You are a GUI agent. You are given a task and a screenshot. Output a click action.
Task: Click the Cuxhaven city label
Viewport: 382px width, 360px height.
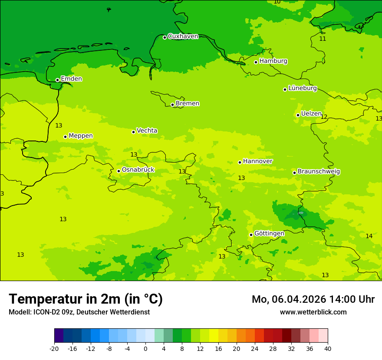tap(183, 36)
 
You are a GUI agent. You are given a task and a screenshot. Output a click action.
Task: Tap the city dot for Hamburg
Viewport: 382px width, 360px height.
tap(256, 62)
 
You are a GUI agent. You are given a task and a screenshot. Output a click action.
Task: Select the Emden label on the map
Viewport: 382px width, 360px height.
tap(71, 79)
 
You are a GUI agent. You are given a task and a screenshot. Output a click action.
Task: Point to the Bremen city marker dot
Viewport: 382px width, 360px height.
tap(172, 105)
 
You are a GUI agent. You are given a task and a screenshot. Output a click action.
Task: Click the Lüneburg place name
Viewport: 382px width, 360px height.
tap(302, 88)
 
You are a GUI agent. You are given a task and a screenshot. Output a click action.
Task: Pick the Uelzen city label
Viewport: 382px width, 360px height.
tap(311, 114)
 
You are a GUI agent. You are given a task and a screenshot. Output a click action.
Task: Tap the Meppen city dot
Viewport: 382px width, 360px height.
tap(65, 137)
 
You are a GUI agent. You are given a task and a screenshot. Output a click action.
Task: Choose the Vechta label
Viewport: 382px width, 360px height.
tap(147, 131)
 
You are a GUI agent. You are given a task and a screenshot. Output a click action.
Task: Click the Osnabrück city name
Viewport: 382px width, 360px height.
tap(138, 170)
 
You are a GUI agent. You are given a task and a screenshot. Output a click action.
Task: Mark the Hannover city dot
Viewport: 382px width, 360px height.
tap(240, 162)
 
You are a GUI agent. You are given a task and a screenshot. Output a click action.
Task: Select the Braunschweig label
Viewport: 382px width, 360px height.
tap(319, 172)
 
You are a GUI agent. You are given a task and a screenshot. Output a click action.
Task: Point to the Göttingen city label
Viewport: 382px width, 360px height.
tap(269, 234)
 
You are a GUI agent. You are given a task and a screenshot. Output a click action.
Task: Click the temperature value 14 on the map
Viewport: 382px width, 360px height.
tap(369, 236)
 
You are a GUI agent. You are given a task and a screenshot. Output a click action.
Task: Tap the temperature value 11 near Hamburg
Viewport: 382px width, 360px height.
tap(323, 39)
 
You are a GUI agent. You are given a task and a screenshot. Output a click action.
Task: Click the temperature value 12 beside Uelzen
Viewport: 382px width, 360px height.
tap(324, 117)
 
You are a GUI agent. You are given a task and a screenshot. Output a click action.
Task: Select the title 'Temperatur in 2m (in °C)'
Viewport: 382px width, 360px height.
tap(86, 299)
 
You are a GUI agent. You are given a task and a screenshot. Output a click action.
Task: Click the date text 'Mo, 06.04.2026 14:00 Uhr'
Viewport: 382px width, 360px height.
tap(313, 300)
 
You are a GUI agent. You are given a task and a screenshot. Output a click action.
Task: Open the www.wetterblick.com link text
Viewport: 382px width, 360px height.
tap(313, 312)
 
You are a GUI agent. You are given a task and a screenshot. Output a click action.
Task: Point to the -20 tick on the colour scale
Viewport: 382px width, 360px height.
tap(54, 349)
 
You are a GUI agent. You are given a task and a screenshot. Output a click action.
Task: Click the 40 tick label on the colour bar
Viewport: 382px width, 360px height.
tap(328, 349)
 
